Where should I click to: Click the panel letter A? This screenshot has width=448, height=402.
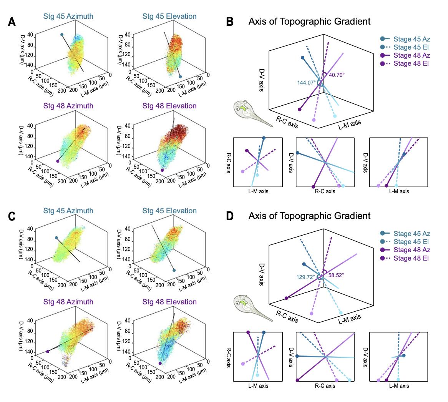pos(12,22)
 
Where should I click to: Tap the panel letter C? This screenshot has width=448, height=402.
pos(12,216)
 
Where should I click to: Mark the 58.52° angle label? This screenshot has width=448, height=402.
pos(336,275)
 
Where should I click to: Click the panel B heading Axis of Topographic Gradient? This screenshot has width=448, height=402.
pos(309,22)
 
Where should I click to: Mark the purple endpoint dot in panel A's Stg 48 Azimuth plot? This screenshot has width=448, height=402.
pos(58,161)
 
